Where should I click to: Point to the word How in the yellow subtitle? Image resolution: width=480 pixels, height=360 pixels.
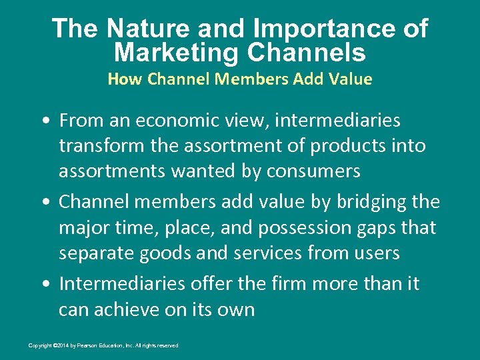click(125, 79)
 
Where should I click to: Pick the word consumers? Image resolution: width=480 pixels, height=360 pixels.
click(313, 171)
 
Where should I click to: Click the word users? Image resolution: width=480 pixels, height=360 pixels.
click(375, 253)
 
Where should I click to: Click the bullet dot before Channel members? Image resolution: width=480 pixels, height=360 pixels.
click(44, 202)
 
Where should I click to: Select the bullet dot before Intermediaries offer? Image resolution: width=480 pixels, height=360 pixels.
click(44, 284)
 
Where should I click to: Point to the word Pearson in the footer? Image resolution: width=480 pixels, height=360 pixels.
click(83, 345)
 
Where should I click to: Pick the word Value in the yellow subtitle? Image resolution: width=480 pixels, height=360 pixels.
click(350, 79)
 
